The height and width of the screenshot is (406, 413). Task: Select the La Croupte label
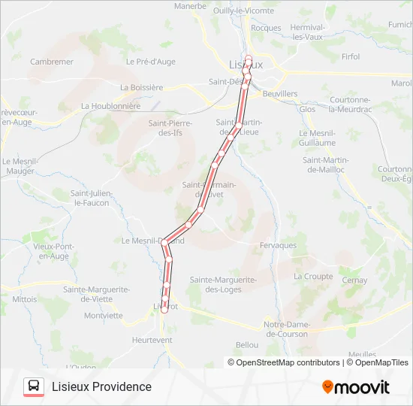[313, 277]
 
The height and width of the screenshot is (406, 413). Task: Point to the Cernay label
[355, 280]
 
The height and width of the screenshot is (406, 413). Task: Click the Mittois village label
[25, 298]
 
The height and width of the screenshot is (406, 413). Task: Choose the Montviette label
[104, 316]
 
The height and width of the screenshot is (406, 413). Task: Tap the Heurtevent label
[152, 340]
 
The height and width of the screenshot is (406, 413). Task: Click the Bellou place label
[247, 345]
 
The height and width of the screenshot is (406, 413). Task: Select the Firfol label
[351, 56]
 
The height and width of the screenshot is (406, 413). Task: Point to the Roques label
[266, 28]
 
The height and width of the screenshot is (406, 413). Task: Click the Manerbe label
[190, 6]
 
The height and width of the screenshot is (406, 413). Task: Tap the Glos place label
[308, 109]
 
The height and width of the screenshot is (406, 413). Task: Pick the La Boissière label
[141, 87]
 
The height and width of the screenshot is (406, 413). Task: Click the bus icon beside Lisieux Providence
[34, 386]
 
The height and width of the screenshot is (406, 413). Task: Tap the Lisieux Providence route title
[101, 386]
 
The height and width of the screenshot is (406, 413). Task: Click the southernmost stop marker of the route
[164, 310]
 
